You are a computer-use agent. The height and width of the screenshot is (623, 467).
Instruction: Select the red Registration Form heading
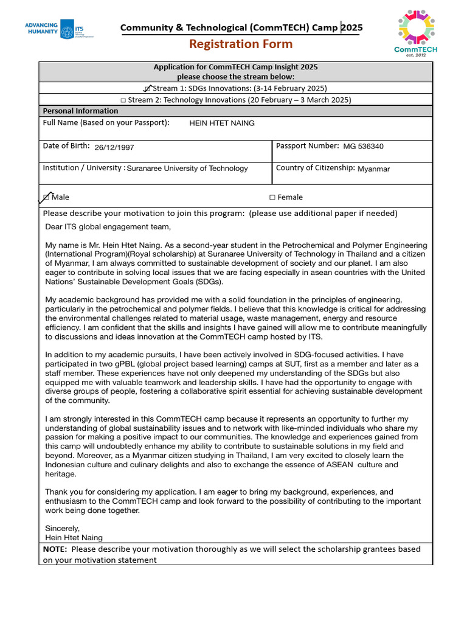(x=240, y=44)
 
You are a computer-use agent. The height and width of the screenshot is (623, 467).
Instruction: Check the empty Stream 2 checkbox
(x=123, y=100)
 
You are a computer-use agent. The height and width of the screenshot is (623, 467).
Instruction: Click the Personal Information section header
(x=80, y=111)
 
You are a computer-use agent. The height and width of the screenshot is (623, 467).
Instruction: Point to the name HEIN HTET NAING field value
(x=222, y=124)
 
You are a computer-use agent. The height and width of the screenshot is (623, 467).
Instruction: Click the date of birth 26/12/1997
(x=114, y=147)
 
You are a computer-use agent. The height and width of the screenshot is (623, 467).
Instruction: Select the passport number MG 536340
(x=363, y=147)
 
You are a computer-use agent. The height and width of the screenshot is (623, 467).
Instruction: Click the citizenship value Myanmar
(x=373, y=169)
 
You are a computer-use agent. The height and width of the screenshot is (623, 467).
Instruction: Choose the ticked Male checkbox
(x=46, y=197)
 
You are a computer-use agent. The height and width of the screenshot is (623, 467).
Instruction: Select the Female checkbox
(x=272, y=197)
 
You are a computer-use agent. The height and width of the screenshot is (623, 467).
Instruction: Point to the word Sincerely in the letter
(x=63, y=528)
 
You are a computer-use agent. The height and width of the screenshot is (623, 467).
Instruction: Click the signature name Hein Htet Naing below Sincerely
(x=74, y=537)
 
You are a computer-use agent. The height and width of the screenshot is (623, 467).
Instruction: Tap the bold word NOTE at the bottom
(x=55, y=549)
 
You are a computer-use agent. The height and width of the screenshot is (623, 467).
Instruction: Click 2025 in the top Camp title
(x=352, y=27)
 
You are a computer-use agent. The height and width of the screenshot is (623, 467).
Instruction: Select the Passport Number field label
(x=307, y=146)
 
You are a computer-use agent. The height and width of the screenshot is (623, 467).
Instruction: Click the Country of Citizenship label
(x=315, y=168)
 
